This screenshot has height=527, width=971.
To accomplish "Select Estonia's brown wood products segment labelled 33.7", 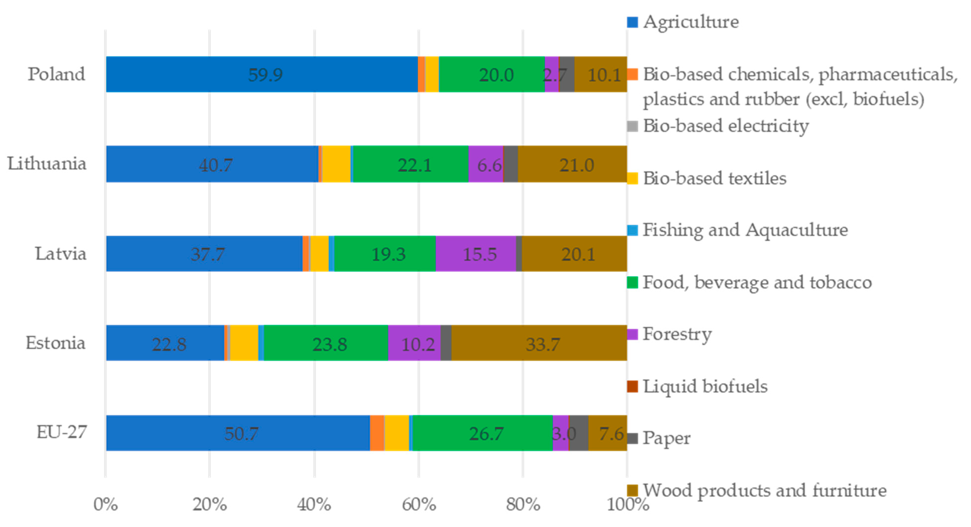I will point(539,343).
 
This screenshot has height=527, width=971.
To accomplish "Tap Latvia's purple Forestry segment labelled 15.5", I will point(476,254).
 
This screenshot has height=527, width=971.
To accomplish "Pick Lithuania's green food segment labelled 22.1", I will point(411,164).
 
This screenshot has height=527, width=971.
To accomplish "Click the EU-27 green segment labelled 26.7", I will point(482,433).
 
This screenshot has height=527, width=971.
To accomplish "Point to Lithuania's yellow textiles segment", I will point(336,164).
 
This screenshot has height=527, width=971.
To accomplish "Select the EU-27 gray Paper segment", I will point(579,433).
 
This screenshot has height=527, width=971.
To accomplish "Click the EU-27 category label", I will point(62,432).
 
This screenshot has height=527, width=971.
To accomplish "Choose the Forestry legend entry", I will point(677,334).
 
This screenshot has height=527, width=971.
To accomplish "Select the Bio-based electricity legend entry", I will point(725,126).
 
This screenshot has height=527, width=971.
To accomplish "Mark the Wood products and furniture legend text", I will point(765,490).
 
